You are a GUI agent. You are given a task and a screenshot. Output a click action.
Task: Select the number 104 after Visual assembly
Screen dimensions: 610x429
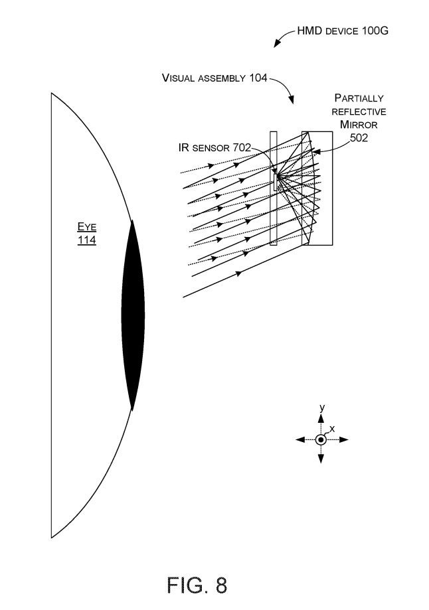(x=256, y=78)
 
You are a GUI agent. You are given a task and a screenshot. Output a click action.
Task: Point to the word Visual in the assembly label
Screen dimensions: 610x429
(x=179, y=78)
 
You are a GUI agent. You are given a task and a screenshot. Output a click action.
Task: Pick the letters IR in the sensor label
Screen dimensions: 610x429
(x=184, y=147)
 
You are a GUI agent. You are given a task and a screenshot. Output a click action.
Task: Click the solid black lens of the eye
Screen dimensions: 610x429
(x=133, y=315)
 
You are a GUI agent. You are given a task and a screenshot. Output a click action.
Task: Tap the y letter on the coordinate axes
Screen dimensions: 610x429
(x=321, y=408)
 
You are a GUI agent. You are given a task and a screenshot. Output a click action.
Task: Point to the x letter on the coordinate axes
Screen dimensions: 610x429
(x=332, y=429)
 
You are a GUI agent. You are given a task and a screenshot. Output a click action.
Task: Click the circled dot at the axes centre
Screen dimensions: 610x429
(x=321, y=439)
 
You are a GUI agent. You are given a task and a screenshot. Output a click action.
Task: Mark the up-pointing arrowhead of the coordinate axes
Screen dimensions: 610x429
(x=321, y=419)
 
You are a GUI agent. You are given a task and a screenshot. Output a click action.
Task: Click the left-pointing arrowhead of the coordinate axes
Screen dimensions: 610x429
(x=300, y=439)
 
